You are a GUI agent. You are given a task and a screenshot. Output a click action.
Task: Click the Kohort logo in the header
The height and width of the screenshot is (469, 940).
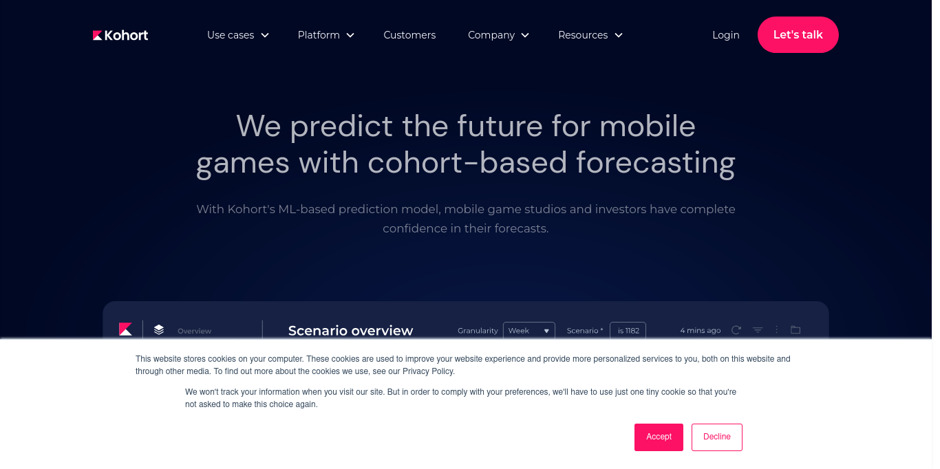[x=120, y=35]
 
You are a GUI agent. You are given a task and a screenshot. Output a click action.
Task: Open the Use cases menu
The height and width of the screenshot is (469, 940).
[x=238, y=35]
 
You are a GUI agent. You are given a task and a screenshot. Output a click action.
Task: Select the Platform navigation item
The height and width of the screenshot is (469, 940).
[x=325, y=35]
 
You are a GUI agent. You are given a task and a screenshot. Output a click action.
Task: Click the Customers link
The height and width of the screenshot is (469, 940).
[x=409, y=35]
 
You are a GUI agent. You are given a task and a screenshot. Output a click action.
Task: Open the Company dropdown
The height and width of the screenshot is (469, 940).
[x=498, y=35]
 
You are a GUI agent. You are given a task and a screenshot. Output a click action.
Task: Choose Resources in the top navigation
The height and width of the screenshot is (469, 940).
[x=590, y=35]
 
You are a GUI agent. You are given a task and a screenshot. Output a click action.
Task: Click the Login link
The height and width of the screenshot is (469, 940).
[x=725, y=35]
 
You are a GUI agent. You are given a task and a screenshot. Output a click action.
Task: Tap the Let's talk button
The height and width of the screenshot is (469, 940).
[x=798, y=35]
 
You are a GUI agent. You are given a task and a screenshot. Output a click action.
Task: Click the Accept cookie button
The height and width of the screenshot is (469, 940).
[x=659, y=437]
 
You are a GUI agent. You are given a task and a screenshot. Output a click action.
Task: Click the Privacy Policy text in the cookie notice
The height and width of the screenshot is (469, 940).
[x=427, y=371]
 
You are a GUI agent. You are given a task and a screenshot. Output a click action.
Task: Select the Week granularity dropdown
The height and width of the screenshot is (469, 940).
[x=528, y=331]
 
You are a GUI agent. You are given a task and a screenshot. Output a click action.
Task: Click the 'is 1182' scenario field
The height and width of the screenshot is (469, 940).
[x=628, y=331]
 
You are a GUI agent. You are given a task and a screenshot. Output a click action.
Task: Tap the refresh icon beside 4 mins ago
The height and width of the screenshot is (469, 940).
[x=736, y=330]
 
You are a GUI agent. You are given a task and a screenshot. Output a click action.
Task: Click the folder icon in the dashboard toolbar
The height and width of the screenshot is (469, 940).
[x=795, y=329]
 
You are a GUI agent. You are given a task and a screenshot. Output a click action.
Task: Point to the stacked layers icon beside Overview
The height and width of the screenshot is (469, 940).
[x=159, y=329]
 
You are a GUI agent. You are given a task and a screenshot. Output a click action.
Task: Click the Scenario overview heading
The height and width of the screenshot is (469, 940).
[x=350, y=331]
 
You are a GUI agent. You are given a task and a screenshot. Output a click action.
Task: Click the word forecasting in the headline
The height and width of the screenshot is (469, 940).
[x=656, y=163]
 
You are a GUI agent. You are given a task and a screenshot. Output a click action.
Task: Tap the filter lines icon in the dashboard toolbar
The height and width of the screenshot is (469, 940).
[x=758, y=330]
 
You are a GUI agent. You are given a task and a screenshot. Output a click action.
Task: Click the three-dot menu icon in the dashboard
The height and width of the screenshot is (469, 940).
[x=776, y=329]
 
